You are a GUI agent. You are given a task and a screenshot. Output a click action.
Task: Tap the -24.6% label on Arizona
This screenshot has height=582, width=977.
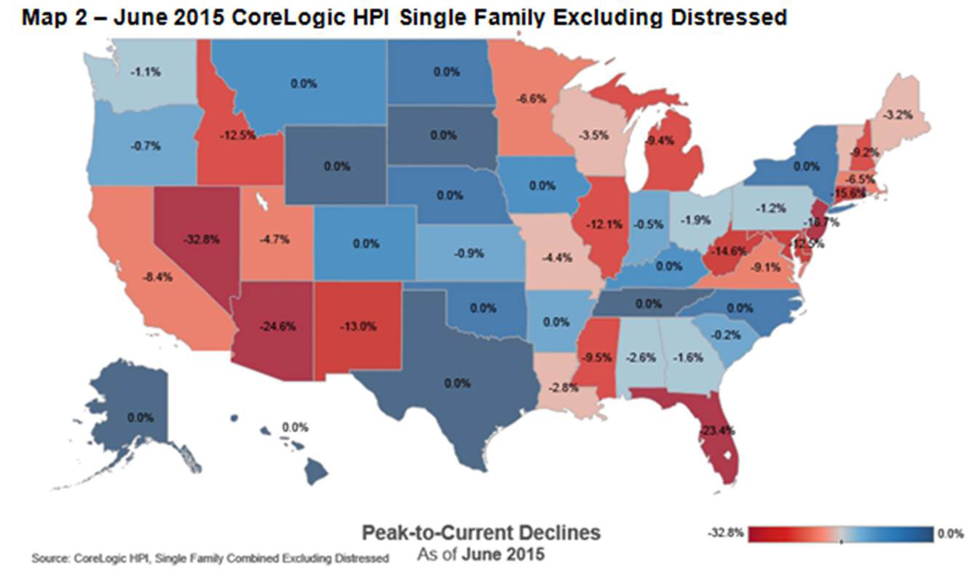[277, 327]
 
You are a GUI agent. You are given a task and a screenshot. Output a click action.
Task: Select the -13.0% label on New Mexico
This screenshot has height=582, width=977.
[358, 327]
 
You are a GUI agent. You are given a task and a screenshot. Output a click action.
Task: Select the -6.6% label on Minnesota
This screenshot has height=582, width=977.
[529, 97]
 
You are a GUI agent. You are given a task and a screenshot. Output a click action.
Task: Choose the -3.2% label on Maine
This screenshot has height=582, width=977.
[895, 115]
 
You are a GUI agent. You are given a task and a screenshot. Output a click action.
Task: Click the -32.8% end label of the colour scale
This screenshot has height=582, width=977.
[725, 534]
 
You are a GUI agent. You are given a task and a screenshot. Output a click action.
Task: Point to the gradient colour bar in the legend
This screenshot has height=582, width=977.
[841, 534]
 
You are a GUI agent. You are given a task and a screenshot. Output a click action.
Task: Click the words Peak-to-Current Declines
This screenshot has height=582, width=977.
[481, 533]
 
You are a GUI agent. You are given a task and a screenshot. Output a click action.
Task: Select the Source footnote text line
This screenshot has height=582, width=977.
[210, 558]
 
